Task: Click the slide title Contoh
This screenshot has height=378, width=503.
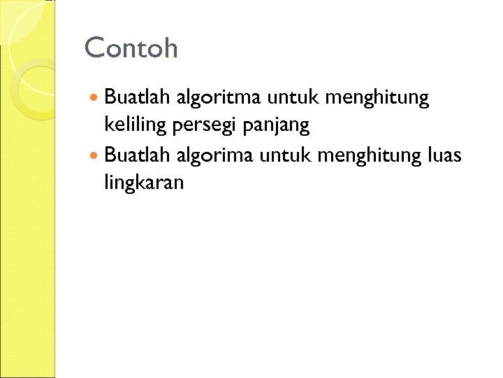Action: click(131, 48)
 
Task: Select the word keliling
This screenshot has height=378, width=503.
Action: click(129, 127)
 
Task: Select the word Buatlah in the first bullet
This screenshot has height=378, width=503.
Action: click(137, 98)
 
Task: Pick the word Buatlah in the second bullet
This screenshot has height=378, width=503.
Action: click(137, 155)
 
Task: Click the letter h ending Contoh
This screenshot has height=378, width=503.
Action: click(170, 48)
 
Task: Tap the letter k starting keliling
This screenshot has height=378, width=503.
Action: click(108, 126)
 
